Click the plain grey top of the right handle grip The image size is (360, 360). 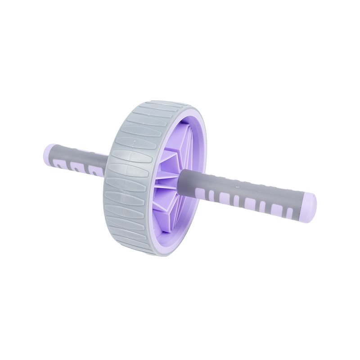pyautogui.click(x=252, y=182)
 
